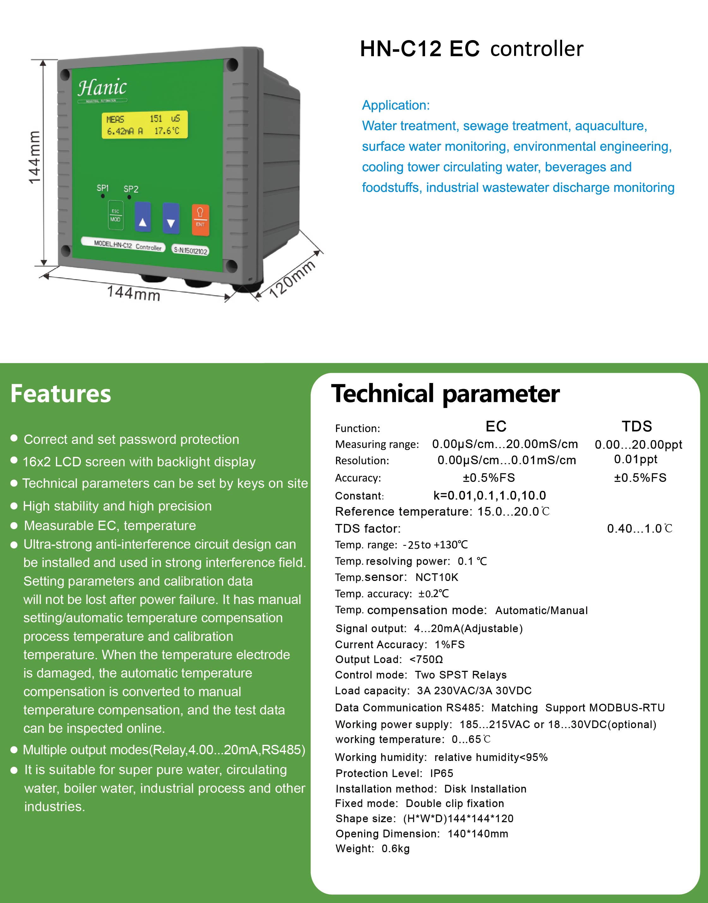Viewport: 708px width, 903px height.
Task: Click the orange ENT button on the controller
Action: (200, 220)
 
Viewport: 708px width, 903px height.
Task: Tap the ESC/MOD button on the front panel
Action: (115, 215)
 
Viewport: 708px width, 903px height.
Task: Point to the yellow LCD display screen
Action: (144, 125)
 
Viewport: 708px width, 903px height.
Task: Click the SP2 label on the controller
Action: (131, 189)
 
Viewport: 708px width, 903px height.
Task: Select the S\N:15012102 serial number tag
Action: (190, 250)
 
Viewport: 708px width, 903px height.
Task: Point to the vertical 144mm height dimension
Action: (34, 158)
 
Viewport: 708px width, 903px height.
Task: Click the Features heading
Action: (61, 394)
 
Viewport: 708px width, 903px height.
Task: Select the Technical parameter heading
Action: (445, 394)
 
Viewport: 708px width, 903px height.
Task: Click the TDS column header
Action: (637, 426)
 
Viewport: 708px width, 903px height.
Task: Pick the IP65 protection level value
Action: (441, 773)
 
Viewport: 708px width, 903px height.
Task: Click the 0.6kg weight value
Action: (395, 848)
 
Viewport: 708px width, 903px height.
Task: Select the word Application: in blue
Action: (396, 105)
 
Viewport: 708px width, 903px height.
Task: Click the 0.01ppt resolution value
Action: (635, 459)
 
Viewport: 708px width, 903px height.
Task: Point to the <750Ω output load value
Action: (426, 659)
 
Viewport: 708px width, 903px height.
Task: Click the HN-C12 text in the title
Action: (400, 49)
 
